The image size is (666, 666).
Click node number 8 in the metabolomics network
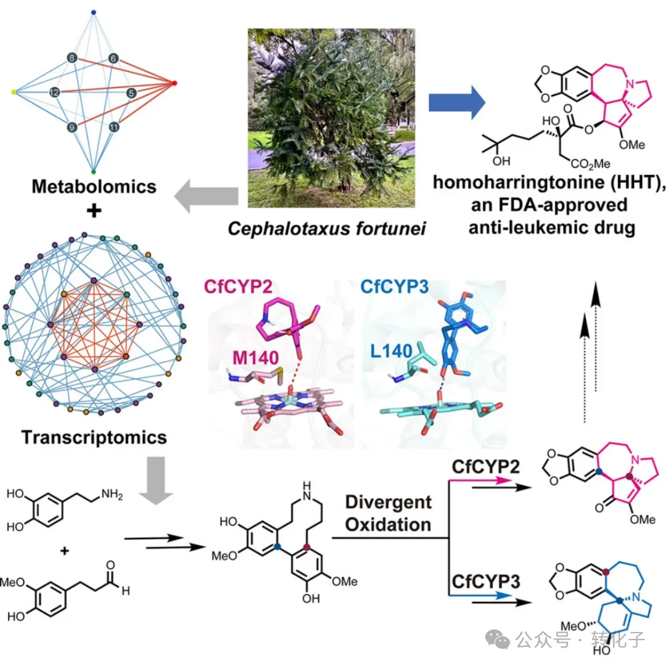point(72,58)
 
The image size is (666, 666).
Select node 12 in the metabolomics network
point(54,92)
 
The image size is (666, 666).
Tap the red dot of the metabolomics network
point(174,83)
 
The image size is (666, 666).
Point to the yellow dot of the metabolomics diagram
point(14,92)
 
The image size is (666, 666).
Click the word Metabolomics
point(94,186)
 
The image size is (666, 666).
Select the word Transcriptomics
point(94,437)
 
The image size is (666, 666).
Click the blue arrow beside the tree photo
point(457,102)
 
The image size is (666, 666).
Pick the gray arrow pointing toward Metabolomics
point(206,196)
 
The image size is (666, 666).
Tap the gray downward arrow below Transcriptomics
point(156,480)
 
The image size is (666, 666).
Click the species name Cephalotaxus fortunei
point(327,229)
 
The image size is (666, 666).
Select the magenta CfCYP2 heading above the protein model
point(238,287)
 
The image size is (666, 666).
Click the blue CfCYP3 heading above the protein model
point(395,287)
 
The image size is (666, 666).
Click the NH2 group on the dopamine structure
point(112,494)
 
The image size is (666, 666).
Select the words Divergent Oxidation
point(388,513)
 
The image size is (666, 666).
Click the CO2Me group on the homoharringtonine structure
point(590,163)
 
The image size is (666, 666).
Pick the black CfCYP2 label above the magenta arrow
point(485,467)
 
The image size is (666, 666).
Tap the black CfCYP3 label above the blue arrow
point(485,582)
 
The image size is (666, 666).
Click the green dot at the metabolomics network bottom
point(94,171)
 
